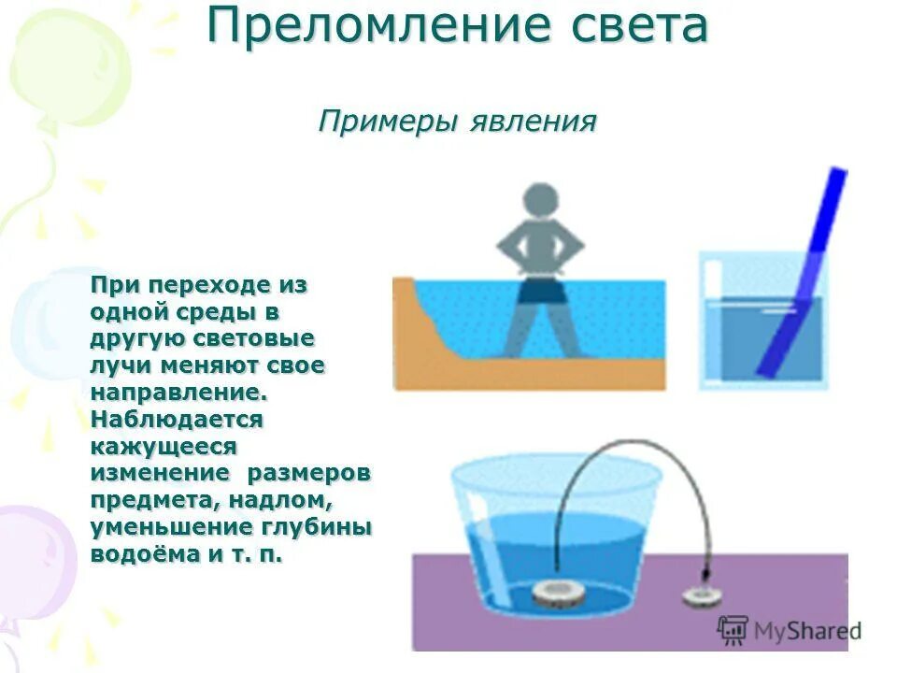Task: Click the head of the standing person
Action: pos(539,204)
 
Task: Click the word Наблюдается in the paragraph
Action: pos(177,419)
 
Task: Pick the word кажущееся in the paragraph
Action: pos(164,446)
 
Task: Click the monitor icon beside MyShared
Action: pos(733,629)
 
